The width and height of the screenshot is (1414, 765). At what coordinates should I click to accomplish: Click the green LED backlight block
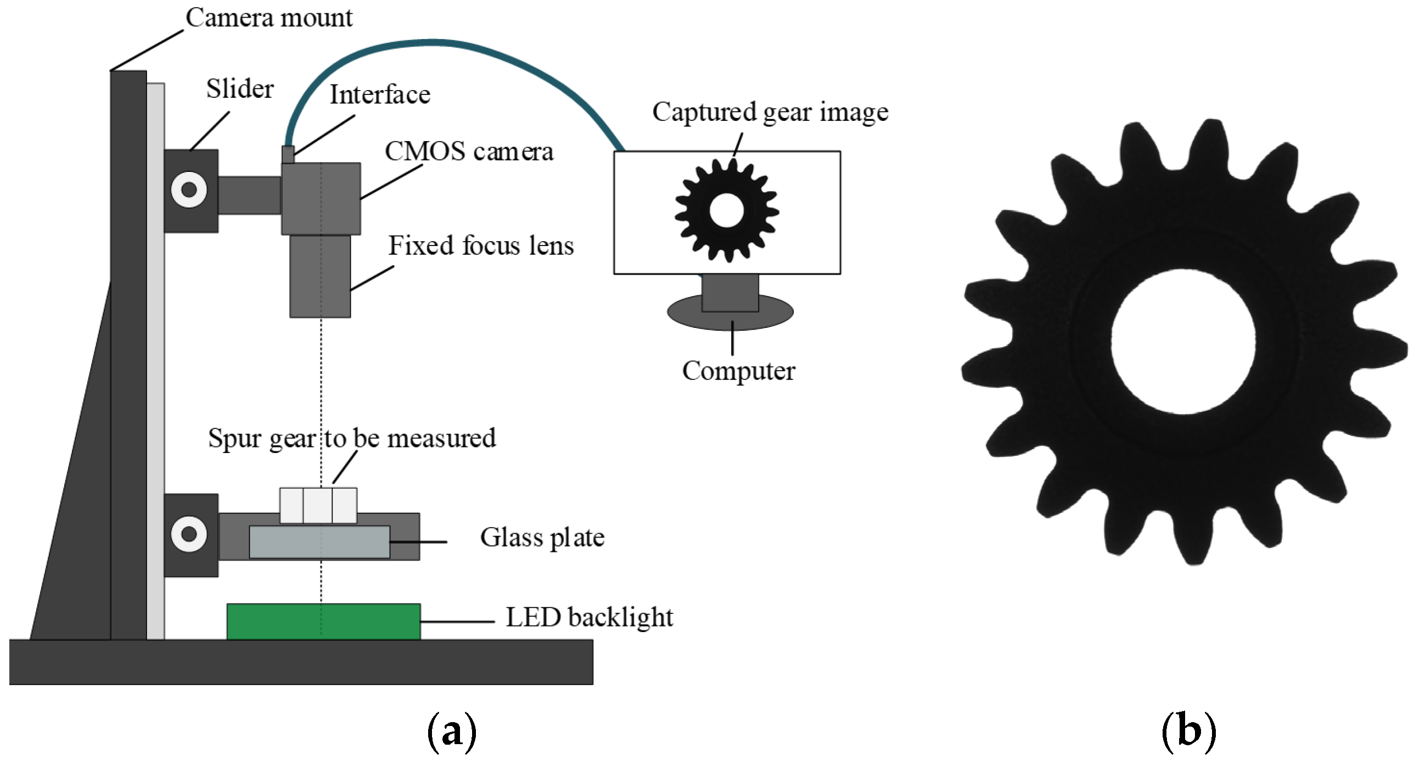[324, 622]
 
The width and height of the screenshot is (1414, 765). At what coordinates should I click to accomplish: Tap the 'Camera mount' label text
[269, 18]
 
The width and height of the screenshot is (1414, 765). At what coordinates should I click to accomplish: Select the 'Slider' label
[240, 90]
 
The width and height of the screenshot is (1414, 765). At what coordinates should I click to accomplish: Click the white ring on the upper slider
[189, 190]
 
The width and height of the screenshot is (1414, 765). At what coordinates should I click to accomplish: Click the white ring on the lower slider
[189, 534]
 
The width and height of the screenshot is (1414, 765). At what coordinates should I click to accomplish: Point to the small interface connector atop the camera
[288, 154]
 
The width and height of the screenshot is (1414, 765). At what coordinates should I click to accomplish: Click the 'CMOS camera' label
[469, 152]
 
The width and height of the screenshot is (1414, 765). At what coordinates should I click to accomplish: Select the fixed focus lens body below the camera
[320, 276]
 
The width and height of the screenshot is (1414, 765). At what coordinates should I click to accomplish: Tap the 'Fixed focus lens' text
[481, 246]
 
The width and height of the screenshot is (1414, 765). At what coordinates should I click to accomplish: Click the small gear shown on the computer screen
[727, 210]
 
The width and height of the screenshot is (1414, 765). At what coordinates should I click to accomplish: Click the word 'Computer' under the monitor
[738, 371]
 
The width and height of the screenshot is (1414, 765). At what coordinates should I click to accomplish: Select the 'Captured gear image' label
[770, 113]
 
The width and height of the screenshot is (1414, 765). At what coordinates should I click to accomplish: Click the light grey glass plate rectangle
[319, 542]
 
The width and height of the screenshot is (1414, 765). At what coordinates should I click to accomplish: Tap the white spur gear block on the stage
[318, 505]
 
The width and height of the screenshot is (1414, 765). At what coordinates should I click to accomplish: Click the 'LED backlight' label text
[589, 618]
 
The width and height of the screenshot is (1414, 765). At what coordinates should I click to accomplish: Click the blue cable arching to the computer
[439, 42]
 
